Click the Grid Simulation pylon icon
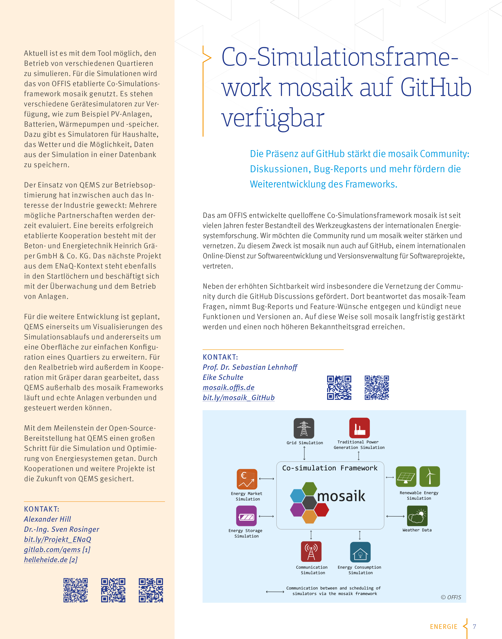pyautogui.click(x=304, y=428)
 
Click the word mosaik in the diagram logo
pyautogui.click(x=341, y=496)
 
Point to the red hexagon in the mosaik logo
pyautogui.click(x=321, y=510)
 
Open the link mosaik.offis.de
pyautogui.click(x=228, y=387)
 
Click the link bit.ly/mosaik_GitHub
pyautogui.click(x=238, y=398)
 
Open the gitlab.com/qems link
pyautogui.click(x=52, y=550)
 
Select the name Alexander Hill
pyautogui.click(x=47, y=519)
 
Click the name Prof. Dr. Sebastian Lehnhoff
pyautogui.click(x=250, y=367)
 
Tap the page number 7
pyautogui.click(x=474, y=626)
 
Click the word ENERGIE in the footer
pyautogui.click(x=444, y=627)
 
